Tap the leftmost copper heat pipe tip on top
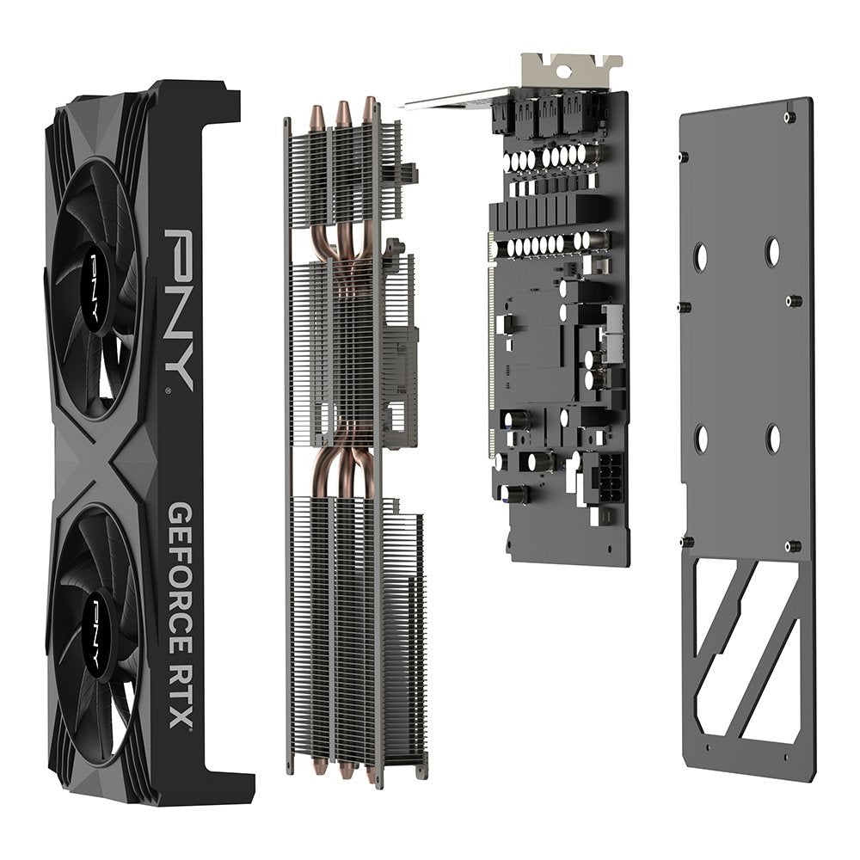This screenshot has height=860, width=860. (316, 114)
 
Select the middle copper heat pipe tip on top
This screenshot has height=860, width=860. (343, 110)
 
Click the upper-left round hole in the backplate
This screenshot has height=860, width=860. (701, 255)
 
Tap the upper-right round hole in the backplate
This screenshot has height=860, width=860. (773, 251)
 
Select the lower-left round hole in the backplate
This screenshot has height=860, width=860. (701, 438)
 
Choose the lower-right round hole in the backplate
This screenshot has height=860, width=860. (773, 438)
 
